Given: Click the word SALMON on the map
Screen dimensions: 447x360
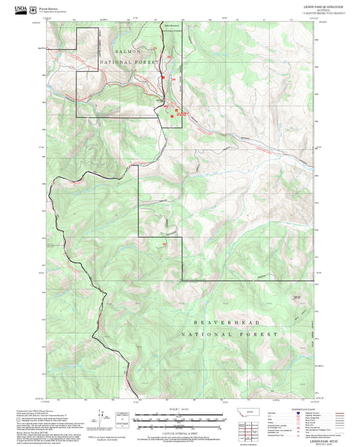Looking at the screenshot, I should [128, 51].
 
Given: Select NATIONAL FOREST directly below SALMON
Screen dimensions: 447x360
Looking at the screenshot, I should [129, 62].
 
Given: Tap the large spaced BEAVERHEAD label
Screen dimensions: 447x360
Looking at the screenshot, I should [229, 323].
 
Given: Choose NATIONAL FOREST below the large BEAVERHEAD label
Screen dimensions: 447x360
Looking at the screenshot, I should [229, 334].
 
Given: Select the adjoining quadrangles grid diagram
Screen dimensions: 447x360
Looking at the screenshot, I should [253, 429].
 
